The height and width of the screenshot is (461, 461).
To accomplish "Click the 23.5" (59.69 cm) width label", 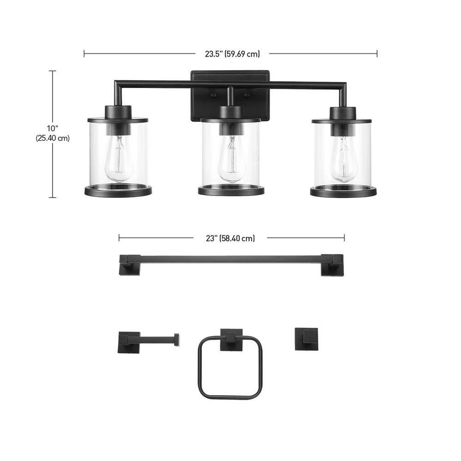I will pyautogui.click(x=232, y=54).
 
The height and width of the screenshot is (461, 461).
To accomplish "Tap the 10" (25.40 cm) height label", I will pyautogui.click(x=53, y=133).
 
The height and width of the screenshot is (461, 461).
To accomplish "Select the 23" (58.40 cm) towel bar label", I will pyautogui.click(x=230, y=238).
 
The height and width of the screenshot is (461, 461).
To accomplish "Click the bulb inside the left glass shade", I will pyautogui.click(x=118, y=160).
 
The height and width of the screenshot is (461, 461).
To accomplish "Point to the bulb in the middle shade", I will pyautogui.click(x=230, y=160).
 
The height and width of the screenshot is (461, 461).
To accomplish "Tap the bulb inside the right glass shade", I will pyautogui.click(x=343, y=160).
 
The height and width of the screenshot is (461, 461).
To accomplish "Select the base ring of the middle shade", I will pyautogui.click(x=231, y=190).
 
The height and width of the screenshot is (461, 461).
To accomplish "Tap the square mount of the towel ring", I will pyautogui.click(x=231, y=340).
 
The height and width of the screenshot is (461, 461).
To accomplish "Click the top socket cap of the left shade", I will pyautogui.click(x=118, y=112).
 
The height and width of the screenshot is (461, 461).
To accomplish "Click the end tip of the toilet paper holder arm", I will pyautogui.click(x=176, y=340).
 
